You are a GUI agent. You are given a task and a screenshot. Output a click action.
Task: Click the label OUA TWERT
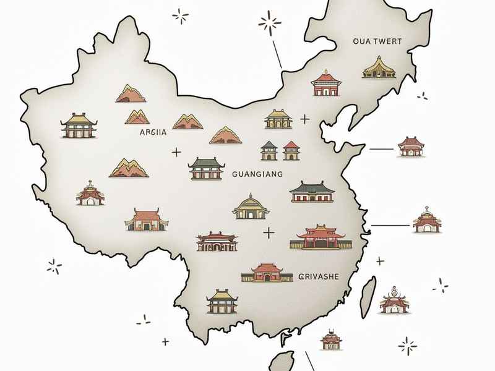tap(377, 41)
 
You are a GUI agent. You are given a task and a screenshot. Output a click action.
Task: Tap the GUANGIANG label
tap(256, 175)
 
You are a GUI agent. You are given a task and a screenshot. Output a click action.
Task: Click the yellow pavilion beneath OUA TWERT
tap(377, 67)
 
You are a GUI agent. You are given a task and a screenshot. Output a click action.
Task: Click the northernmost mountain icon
tap(131, 93)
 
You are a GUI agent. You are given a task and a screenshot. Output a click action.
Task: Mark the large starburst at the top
tap(269, 24)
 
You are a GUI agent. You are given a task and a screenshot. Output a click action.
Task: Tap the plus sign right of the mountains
tap(176, 151)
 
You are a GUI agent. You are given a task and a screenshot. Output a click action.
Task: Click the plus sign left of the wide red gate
tap(269, 233)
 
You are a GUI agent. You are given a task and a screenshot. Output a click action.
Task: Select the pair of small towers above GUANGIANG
tap(280, 150)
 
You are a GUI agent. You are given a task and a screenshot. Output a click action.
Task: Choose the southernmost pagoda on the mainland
tap(221, 301)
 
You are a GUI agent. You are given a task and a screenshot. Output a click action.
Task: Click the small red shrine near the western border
tap(90, 194)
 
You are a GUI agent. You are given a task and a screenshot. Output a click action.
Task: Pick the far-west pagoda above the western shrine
tap(76, 126)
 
